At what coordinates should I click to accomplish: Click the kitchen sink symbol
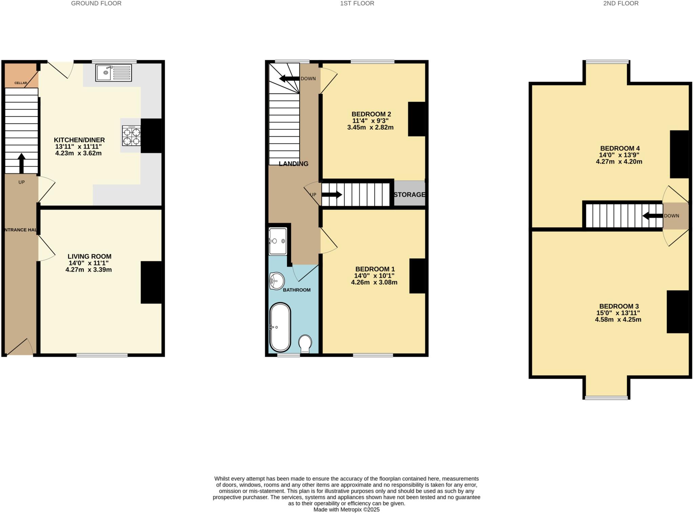[x=114, y=73]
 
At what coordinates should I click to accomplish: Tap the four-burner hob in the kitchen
[x=131, y=136]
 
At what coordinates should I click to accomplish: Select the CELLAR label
[x=21, y=83]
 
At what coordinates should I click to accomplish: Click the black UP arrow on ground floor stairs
[x=21, y=163]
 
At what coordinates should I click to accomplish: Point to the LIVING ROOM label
[x=89, y=257]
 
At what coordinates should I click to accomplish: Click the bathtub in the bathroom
[x=280, y=327]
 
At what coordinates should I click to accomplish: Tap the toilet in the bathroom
[x=305, y=343]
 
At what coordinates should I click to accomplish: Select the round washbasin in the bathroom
[x=277, y=281]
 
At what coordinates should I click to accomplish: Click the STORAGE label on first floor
[x=409, y=195]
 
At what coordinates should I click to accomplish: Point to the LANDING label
[x=293, y=164]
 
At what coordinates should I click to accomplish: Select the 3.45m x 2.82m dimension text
[x=370, y=127]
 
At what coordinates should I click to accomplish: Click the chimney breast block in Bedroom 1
[x=417, y=276]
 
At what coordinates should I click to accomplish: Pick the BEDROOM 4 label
[x=620, y=149]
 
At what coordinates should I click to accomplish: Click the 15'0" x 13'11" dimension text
[x=618, y=313]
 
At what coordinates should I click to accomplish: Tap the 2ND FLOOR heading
[x=621, y=3]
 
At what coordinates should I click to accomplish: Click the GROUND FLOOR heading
[x=96, y=3]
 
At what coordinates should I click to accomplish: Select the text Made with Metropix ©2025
[x=346, y=510]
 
